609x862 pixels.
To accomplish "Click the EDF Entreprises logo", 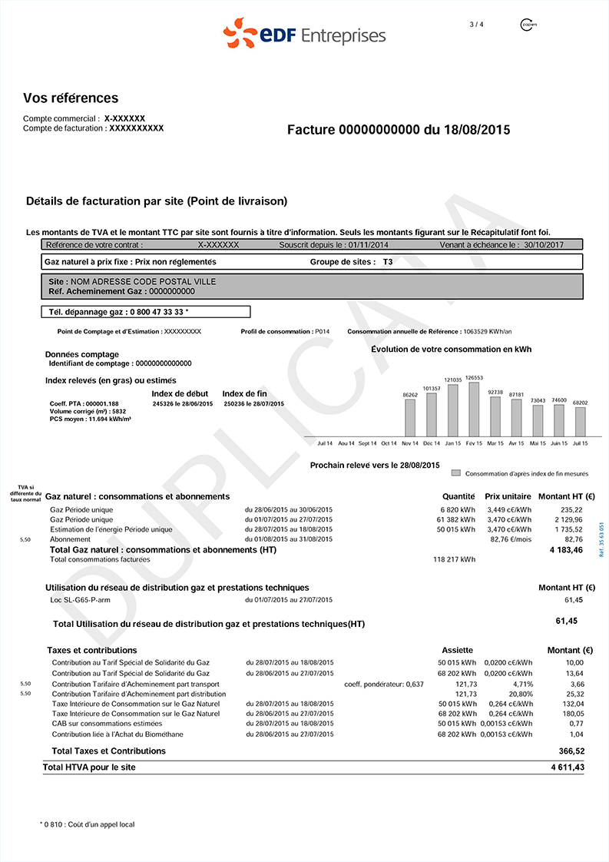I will pyautogui.click(x=304, y=35).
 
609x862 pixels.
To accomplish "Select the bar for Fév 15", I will pyautogui.click(x=474, y=409).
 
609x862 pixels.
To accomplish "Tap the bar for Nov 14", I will pyautogui.click(x=410, y=418).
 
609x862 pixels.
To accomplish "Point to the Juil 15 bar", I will pyautogui.click(x=581, y=422).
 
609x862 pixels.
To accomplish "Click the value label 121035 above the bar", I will pyautogui.click(x=453, y=380).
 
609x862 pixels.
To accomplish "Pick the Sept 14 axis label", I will pyautogui.click(x=368, y=443).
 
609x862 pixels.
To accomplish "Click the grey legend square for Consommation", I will pyautogui.click(x=456, y=473).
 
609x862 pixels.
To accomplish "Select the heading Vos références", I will pyautogui.click(x=71, y=98).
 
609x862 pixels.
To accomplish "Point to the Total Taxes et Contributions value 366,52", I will pyautogui.click(x=571, y=751).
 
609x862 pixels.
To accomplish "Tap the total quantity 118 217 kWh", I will pyautogui.click(x=455, y=559).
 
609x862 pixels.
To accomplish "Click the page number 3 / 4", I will pyautogui.click(x=476, y=25).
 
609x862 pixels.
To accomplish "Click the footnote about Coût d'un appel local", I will pyautogui.click(x=87, y=824).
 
